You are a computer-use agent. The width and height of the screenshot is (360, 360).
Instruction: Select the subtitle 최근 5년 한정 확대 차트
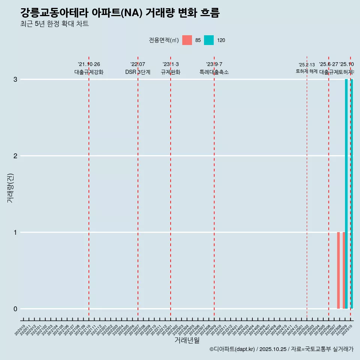[54, 24]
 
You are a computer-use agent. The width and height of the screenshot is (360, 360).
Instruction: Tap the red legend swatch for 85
[187, 40]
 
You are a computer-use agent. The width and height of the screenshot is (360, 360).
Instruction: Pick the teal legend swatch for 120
[209, 40]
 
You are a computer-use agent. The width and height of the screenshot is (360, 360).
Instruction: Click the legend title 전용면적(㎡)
[164, 40]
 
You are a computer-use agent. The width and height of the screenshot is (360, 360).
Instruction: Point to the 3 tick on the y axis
[15, 79]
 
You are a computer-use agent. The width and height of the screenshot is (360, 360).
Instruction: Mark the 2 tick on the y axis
[15, 156]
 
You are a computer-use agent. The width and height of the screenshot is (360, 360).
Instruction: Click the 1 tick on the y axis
[15, 232]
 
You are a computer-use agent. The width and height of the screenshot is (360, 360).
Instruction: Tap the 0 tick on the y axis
[15, 309]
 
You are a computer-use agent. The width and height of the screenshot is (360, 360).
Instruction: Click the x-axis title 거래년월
[187, 340]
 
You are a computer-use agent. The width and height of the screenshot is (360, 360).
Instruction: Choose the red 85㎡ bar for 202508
[338, 270]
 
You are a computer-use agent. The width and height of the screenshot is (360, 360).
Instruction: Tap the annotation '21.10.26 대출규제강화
[89, 68]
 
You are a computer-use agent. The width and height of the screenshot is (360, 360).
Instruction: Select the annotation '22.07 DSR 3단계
[138, 68]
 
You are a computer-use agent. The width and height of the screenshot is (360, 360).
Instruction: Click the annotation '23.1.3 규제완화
[171, 68]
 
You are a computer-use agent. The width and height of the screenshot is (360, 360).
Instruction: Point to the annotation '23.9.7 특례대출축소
[214, 68]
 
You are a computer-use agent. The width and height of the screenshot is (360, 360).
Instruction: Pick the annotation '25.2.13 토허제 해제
[307, 68]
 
